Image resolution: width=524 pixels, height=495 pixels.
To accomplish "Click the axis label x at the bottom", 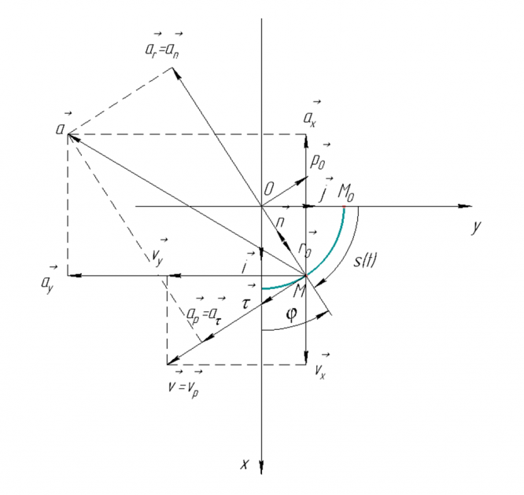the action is pos(245,464).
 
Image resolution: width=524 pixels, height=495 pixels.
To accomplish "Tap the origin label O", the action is pos(269,189).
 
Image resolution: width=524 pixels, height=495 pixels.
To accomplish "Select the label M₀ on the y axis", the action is pos(346,190).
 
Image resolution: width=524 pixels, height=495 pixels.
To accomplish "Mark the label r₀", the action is pos(306,247).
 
